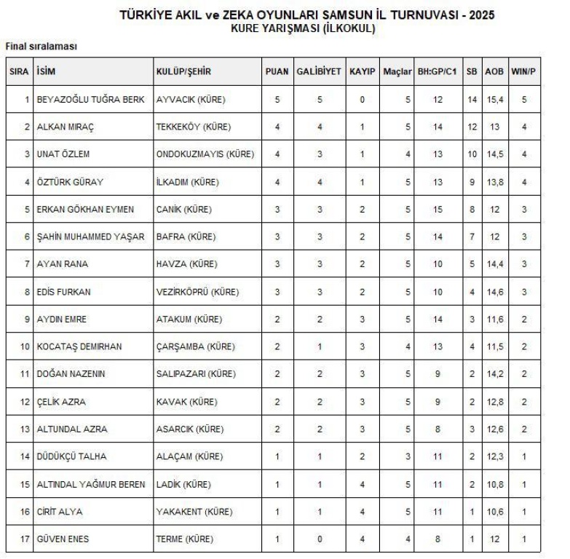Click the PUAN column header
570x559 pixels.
277,73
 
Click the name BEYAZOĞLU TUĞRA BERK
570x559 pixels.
81,99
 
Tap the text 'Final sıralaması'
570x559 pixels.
41,46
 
